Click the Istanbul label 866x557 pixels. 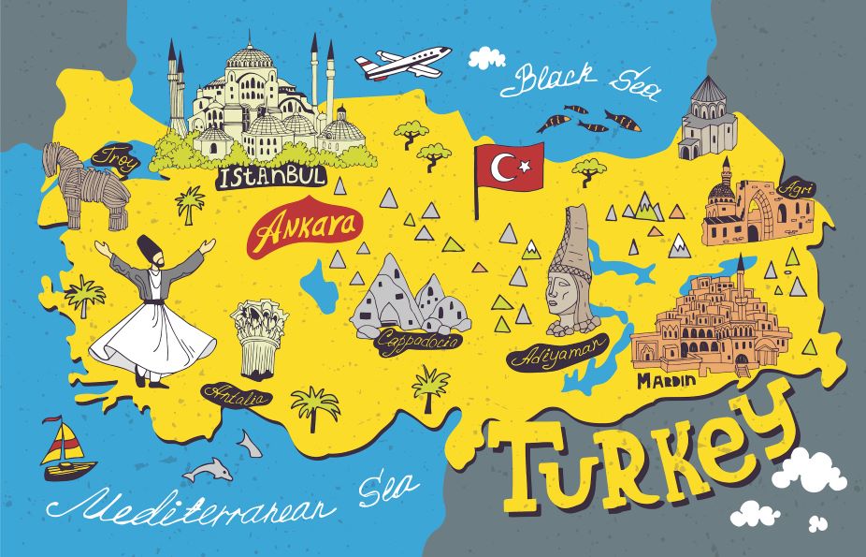coord(273,176)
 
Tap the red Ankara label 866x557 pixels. coord(293,227)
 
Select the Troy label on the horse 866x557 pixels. coord(118,158)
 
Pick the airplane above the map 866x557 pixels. coord(402,63)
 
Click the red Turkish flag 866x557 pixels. coord(509,168)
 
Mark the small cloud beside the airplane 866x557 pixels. coord(486,58)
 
